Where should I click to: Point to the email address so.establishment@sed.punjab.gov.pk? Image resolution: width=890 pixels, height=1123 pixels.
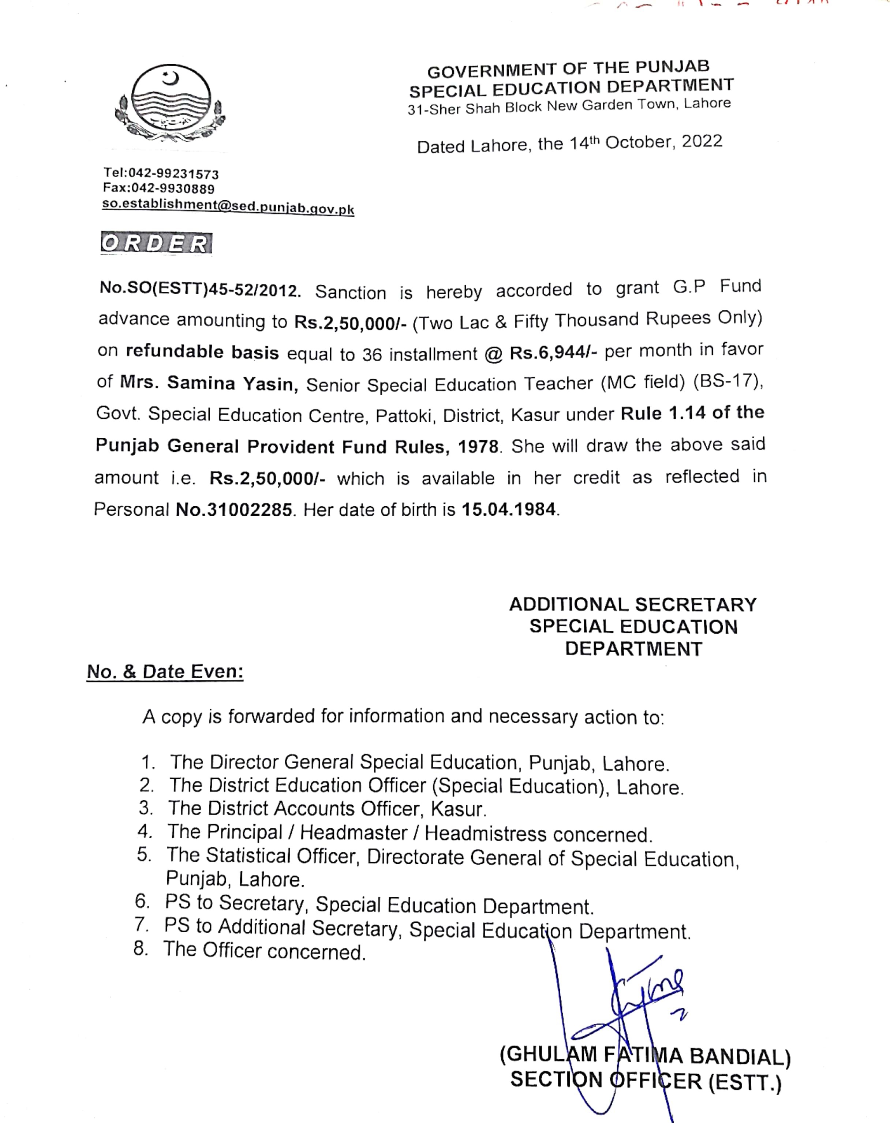pyautogui.click(x=228, y=206)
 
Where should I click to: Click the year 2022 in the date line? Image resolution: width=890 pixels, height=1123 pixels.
pyautogui.click(x=702, y=141)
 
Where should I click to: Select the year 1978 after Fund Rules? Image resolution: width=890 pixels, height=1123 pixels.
pyautogui.click(x=478, y=447)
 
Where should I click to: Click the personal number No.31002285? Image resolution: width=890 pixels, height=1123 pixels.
pyautogui.click(x=234, y=510)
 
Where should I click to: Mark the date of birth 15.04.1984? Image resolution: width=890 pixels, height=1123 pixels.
pyautogui.click(x=509, y=509)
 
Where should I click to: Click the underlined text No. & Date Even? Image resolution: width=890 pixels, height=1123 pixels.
pyautogui.click(x=165, y=671)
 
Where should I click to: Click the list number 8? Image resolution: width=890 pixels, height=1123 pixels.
pyautogui.click(x=140, y=948)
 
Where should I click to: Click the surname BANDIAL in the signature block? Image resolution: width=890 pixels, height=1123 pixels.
pyautogui.click(x=740, y=1056)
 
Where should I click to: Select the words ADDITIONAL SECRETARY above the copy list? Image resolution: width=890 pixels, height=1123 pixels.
pyautogui.click(x=633, y=605)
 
